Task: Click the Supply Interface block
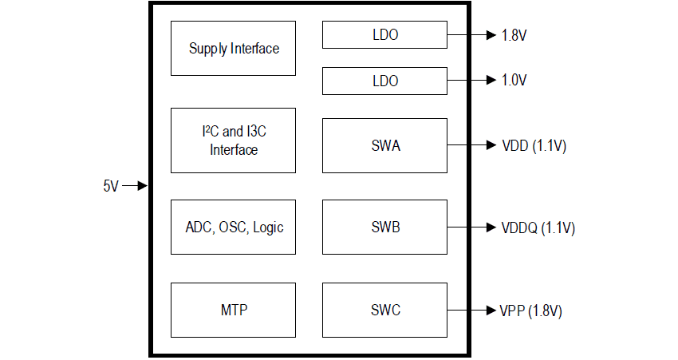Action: (x=234, y=49)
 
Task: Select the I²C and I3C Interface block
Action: (x=234, y=140)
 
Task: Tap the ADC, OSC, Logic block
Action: (x=234, y=227)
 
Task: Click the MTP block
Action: (x=234, y=310)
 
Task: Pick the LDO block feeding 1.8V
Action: (x=384, y=35)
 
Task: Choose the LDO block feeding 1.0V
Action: (x=384, y=81)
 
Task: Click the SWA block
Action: (x=384, y=145)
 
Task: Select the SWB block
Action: (x=384, y=227)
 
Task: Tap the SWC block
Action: (x=384, y=310)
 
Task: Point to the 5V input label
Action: (x=111, y=186)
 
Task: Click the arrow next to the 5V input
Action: (x=137, y=186)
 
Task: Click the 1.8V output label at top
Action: (x=514, y=35)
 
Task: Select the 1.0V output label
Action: (x=514, y=81)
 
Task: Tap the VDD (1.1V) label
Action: (x=534, y=145)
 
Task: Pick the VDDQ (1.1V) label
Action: (x=538, y=227)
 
